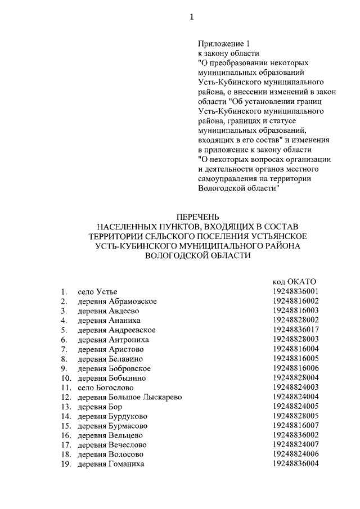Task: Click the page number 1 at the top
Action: [x=191, y=17]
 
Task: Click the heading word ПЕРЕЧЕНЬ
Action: [x=196, y=217]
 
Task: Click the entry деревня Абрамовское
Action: [x=117, y=301]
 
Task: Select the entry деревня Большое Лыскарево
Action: [x=129, y=397]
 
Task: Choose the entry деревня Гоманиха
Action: [x=111, y=464]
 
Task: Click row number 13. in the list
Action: [x=66, y=407]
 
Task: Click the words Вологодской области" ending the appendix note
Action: [x=239, y=188]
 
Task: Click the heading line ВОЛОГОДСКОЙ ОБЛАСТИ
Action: [x=196, y=255]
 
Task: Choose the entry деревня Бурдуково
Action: [x=112, y=416]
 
